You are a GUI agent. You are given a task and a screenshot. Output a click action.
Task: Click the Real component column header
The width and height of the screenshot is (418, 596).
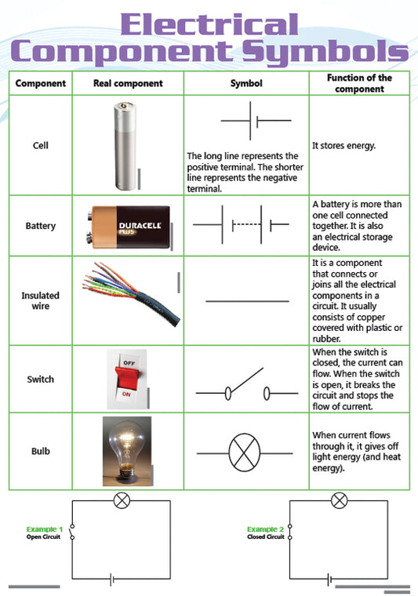(x=128, y=83)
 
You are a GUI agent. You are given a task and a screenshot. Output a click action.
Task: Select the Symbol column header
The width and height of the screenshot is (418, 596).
(x=246, y=83)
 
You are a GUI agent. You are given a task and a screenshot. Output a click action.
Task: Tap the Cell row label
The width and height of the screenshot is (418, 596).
(x=41, y=146)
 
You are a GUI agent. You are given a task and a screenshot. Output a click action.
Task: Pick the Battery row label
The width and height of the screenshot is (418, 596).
(x=41, y=226)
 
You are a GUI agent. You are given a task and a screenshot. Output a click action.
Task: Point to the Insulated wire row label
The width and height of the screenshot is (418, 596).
(x=41, y=300)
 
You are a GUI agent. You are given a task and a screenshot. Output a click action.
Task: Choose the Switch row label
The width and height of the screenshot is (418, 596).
(x=41, y=379)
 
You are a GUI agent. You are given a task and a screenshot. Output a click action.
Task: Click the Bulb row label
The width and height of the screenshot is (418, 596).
(x=41, y=452)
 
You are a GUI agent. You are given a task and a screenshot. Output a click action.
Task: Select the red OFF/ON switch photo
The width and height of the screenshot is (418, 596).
(x=126, y=379)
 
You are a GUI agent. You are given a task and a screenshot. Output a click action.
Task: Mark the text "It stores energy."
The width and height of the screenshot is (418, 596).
(x=345, y=146)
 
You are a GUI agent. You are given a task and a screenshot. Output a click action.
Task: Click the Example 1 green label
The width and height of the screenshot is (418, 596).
(x=45, y=529)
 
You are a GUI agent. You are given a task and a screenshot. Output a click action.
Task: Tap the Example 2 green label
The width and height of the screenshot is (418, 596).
(x=265, y=529)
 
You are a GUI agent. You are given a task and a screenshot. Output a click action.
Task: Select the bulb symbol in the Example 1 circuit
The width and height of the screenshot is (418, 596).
(x=122, y=500)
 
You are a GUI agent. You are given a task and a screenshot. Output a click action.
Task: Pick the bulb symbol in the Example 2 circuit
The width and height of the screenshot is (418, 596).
(x=339, y=500)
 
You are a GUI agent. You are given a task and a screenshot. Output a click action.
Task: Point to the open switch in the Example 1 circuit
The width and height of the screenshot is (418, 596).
(x=72, y=532)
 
